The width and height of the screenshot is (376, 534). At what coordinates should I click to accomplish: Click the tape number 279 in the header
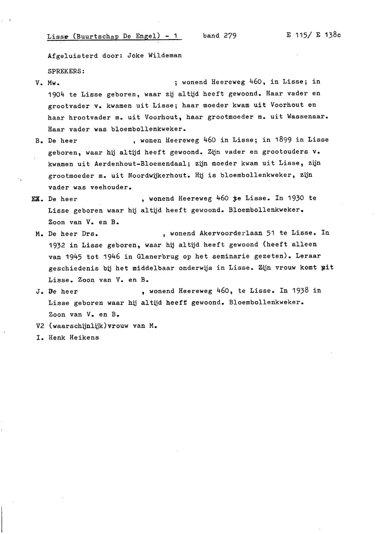(x=230, y=36)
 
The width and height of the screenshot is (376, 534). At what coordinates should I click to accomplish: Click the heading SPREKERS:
(x=66, y=71)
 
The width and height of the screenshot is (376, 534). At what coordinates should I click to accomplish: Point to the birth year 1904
(x=56, y=94)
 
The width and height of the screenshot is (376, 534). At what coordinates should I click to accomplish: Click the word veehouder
(x=111, y=188)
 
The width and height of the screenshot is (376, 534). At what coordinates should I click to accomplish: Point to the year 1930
(x=296, y=198)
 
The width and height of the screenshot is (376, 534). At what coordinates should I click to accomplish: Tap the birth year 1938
(x=300, y=291)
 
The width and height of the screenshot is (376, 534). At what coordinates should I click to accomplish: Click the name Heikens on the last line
(x=84, y=338)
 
